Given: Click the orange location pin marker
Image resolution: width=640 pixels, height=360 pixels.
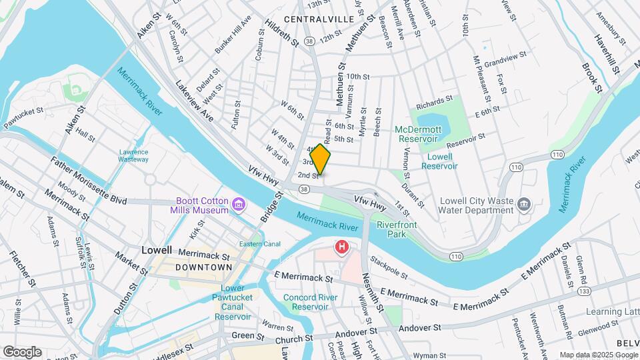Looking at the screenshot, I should tap(320, 160).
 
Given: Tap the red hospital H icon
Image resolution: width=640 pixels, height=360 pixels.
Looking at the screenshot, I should tap(342, 249).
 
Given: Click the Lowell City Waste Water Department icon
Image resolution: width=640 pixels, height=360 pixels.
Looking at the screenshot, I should tap(523, 205).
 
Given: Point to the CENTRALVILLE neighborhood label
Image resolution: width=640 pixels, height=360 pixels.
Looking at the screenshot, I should tap(318, 19).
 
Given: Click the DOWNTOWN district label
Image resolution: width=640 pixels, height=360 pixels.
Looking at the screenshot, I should tap(203, 267).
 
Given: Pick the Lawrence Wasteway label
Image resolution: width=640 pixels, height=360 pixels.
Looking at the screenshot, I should tap(133, 155).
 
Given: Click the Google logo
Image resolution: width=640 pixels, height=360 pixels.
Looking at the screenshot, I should tap(22, 351).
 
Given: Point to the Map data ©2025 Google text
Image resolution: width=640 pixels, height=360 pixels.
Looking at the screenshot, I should tap(598, 355).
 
